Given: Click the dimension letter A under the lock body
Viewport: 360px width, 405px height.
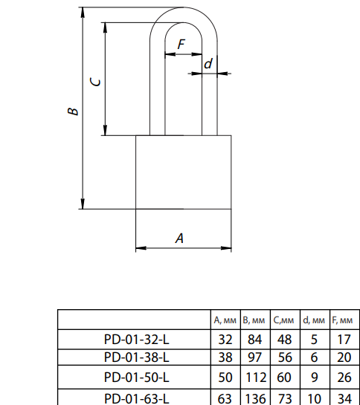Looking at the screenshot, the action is point(179,238).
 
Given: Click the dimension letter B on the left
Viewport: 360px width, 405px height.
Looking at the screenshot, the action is point(73,111).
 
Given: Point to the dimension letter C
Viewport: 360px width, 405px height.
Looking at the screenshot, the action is point(95,82).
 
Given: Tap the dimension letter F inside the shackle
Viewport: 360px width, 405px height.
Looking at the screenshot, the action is point(181,44).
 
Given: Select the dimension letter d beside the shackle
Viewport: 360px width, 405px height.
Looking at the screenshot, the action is point(208,64).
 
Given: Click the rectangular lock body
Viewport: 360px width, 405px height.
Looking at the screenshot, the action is point(184,172).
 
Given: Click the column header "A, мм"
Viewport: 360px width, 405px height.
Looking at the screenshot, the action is point(225,320).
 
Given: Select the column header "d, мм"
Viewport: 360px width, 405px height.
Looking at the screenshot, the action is point(314,320).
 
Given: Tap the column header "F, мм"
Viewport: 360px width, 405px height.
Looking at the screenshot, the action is point(342,320).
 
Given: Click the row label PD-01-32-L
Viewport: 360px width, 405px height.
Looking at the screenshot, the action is point(137,339).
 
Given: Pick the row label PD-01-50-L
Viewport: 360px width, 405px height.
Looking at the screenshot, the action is point(137,378).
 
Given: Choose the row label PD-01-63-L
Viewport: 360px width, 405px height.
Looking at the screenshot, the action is point(137,399).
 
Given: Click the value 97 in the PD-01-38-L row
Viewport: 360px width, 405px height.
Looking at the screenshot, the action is point(254,357).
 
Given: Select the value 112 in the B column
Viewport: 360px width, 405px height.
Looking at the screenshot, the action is point(256,378).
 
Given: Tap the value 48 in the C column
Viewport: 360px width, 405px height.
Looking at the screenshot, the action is point(284,339).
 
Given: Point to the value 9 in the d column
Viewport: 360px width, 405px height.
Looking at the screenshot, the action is point(314,378).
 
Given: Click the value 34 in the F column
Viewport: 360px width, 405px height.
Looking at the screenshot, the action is point(344,399).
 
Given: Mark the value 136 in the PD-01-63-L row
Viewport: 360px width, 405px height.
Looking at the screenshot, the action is point(256,399).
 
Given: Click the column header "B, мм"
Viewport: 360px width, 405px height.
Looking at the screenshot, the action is point(254,320).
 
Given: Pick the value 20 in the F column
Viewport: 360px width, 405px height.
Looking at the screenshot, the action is point(344,357).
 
